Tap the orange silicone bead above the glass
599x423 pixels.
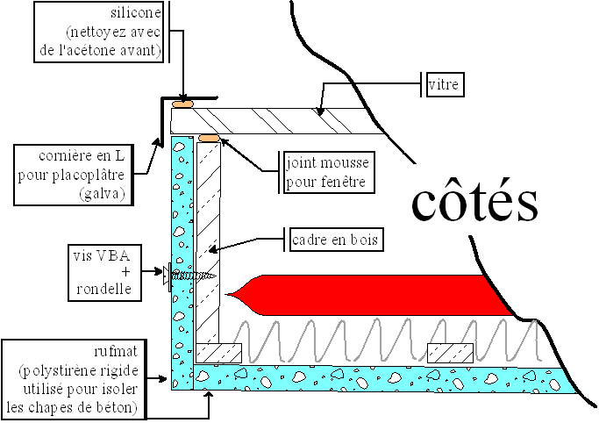[183, 104]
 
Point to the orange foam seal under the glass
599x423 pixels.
[209, 138]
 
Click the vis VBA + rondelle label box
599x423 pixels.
[102, 273]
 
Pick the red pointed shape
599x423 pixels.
[368, 295]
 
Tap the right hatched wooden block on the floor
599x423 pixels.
[450, 352]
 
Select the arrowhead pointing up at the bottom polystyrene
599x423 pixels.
[208, 394]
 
